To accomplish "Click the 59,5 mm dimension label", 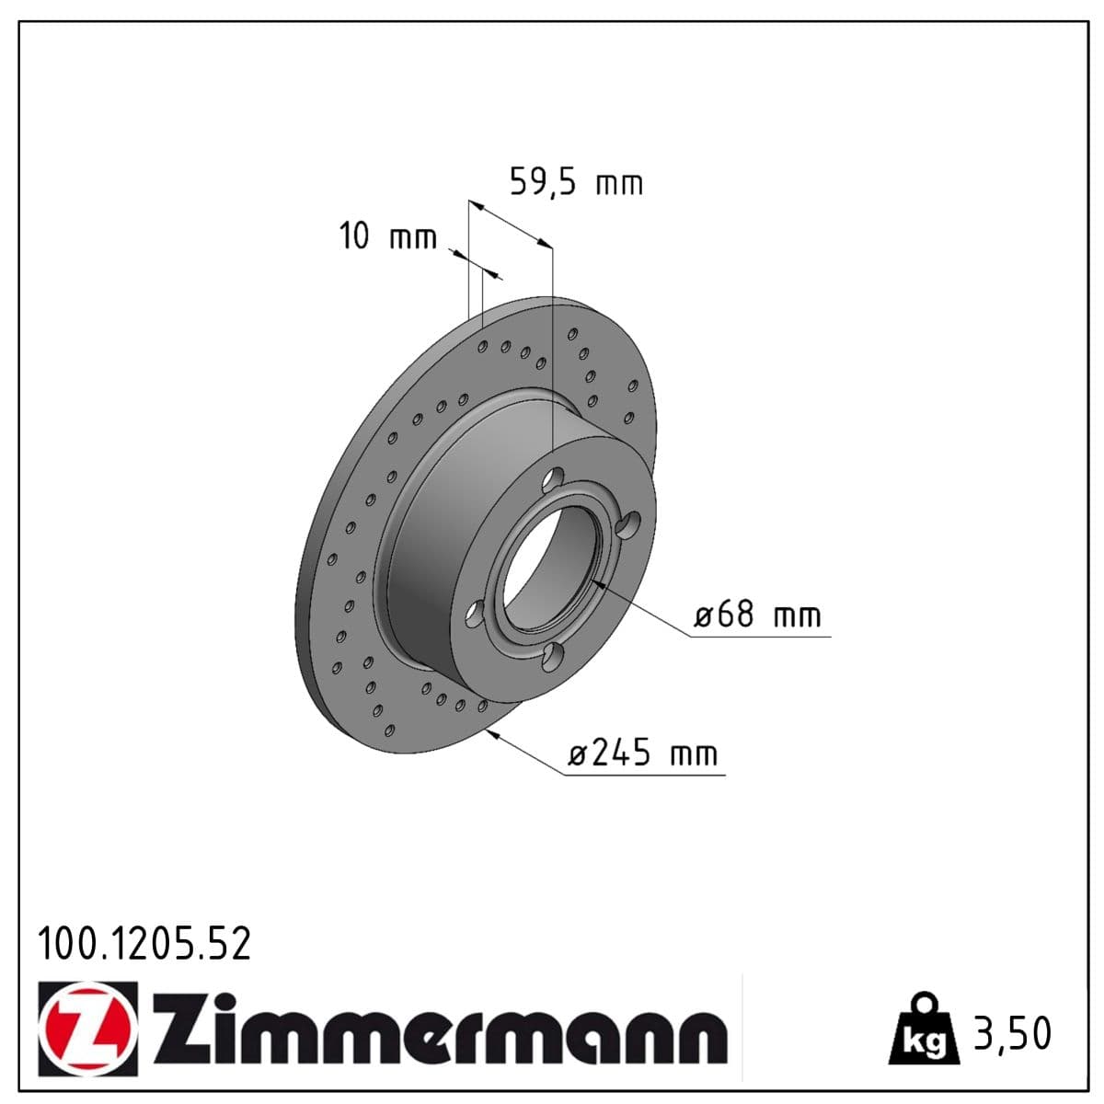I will [x=576, y=182].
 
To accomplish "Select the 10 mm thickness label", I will [x=388, y=236].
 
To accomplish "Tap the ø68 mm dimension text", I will [x=757, y=615].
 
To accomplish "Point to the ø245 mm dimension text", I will [x=642, y=753].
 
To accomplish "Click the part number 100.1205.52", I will [x=144, y=944].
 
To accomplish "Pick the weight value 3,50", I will [x=1012, y=1032].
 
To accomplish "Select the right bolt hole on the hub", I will [x=628, y=526].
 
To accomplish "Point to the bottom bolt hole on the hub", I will [x=552, y=656].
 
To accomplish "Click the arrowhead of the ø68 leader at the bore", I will [x=597, y=582].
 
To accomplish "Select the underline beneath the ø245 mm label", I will [x=644, y=775].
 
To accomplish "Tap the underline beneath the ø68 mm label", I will [x=762, y=636].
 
